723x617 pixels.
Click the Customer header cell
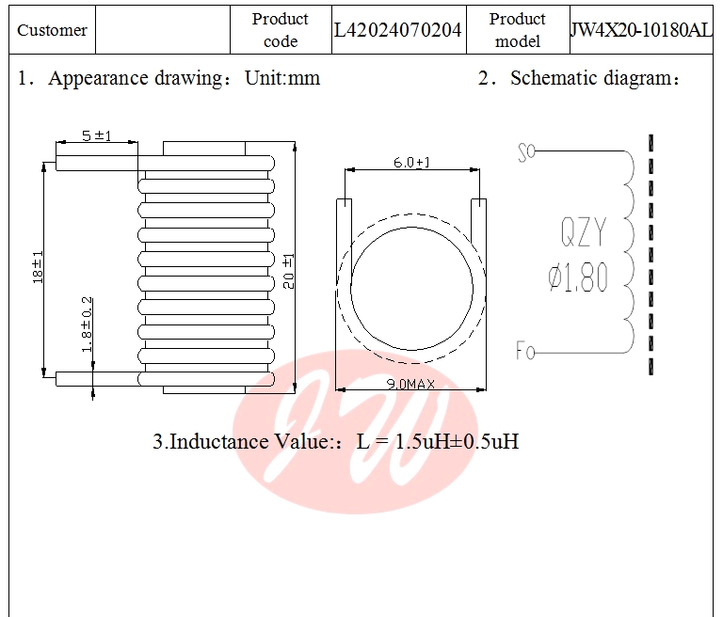coord(52,30)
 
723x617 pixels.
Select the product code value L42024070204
coord(398,30)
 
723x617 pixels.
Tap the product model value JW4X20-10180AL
coord(641,30)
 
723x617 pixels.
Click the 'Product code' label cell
coord(281,30)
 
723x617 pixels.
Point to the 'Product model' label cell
coord(518,30)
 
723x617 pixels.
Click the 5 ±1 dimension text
coord(96,135)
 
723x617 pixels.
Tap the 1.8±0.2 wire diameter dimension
coord(87,324)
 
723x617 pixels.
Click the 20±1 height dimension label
coord(288,271)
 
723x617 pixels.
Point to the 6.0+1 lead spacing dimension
coord(411,163)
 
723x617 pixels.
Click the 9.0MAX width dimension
coord(411,384)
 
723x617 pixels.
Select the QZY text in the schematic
coord(584,231)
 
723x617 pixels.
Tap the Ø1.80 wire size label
coord(578,278)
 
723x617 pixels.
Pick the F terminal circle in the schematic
coord(531,353)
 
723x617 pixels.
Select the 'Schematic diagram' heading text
coord(593,78)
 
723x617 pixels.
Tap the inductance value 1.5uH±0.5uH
coord(438,441)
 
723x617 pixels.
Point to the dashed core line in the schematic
coord(651,254)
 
